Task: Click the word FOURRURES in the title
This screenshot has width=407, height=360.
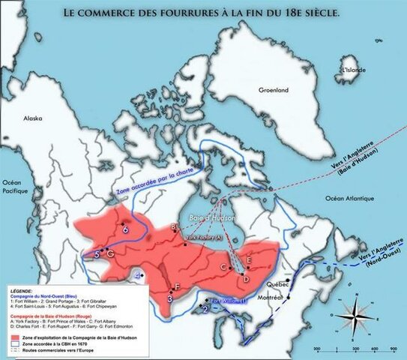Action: coord(186,13)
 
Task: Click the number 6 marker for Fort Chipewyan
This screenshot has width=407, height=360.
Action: coord(125,229)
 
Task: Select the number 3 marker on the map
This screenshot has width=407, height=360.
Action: coord(170,298)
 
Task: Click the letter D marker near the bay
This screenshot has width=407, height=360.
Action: coord(247,279)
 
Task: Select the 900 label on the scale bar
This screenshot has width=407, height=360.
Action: coord(394,349)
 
